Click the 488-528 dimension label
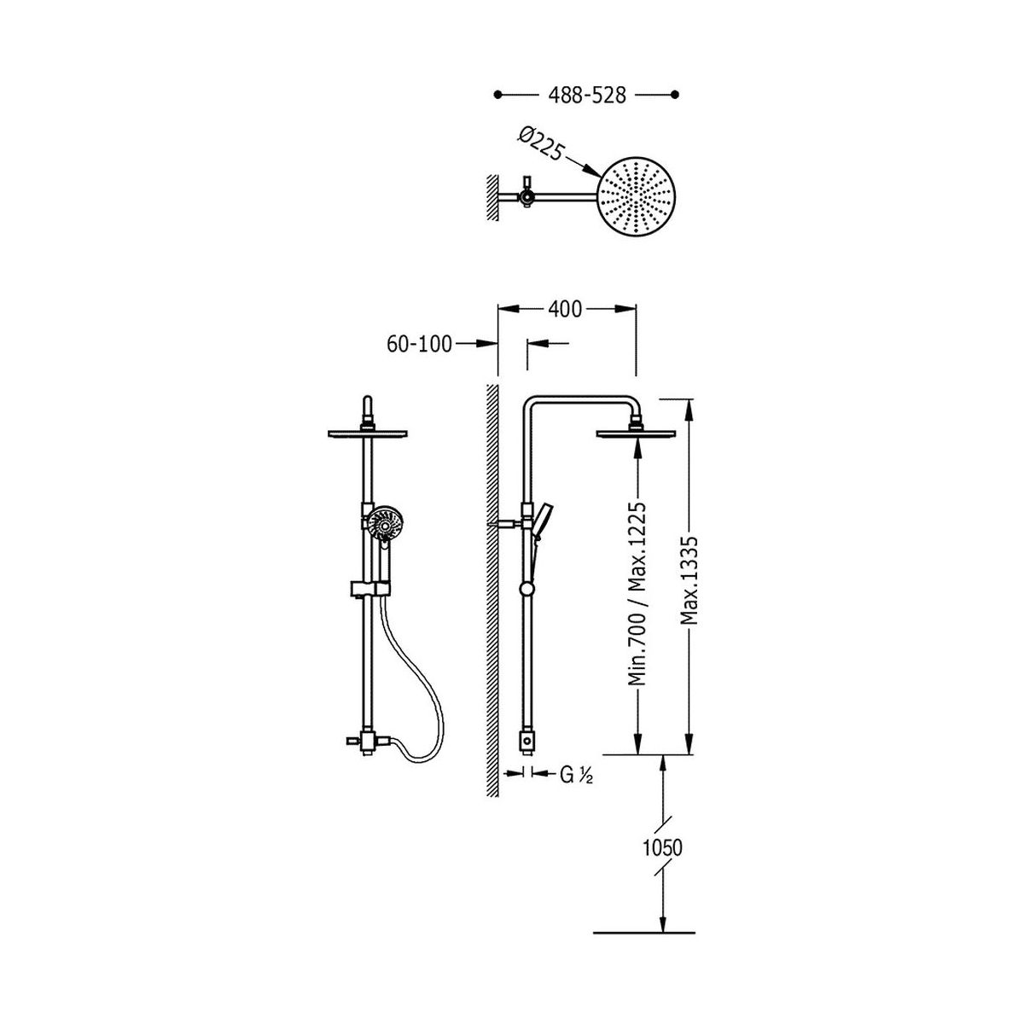click(586, 95)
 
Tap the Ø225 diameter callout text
click(540, 143)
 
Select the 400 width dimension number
click(565, 309)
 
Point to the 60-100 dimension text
click(419, 344)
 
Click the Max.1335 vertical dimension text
click(689, 580)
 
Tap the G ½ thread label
click(576, 776)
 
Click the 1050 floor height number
click(662, 847)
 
